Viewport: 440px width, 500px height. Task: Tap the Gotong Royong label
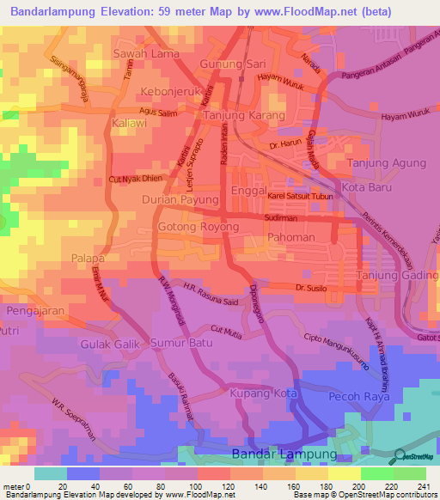point(199,227)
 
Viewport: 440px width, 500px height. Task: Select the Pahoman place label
point(291,236)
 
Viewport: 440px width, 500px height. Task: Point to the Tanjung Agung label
point(386,162)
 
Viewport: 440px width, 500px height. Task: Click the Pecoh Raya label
point(356,396)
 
